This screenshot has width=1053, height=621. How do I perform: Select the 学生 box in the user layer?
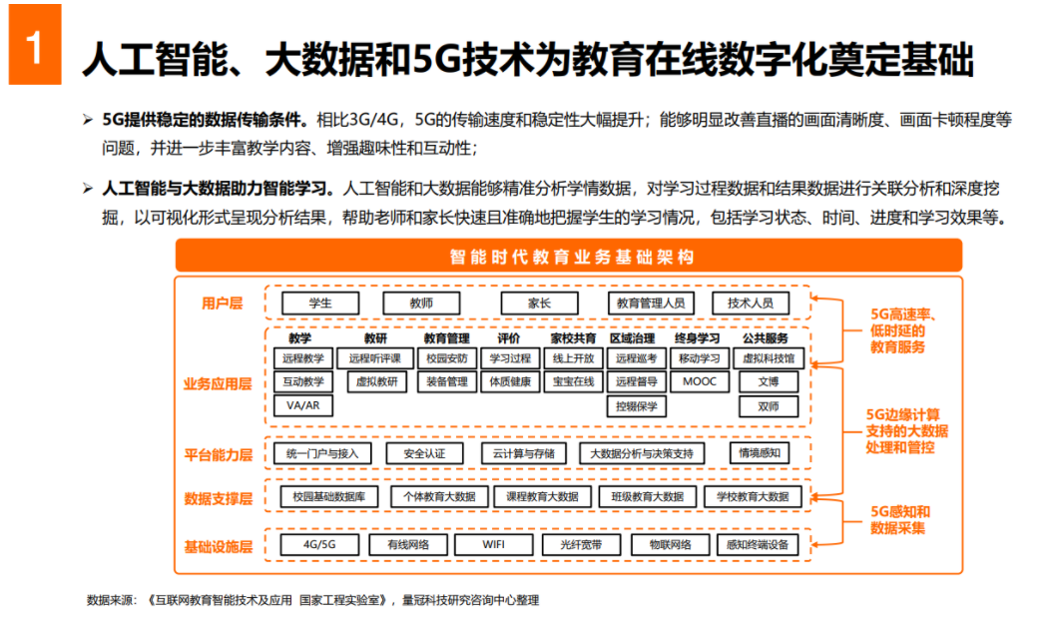[320, 304]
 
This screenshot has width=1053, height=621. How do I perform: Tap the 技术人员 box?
[751, 304]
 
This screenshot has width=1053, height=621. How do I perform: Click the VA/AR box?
[303, 406]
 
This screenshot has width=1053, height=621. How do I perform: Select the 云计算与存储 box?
[523, 453]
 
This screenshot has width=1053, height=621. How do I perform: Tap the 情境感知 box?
[760, 453]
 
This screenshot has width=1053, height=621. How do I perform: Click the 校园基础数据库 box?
[328, 496]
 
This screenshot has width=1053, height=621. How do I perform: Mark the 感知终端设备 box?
[758, 545]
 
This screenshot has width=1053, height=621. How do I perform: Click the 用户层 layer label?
[222, 304]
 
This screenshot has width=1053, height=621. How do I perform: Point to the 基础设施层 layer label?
[218, 547]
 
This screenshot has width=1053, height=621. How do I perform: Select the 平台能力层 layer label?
[218, 454]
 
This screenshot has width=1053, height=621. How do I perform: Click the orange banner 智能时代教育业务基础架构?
[569, 256]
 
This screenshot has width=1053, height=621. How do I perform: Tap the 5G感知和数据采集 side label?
[899, 520]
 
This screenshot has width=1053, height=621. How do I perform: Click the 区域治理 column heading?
[633, 338]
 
